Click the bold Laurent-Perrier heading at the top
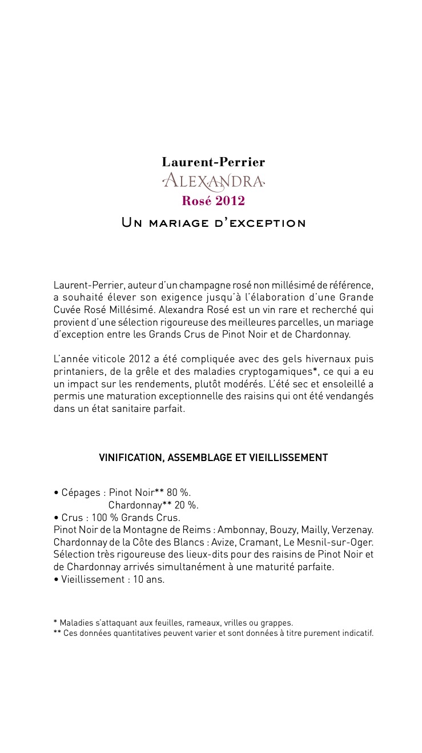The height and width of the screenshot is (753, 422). [213, 162]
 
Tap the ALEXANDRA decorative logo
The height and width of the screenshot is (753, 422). [213, 182]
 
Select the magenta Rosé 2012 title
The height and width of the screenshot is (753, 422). [213, 201]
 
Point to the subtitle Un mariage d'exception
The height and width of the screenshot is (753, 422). [213, 223]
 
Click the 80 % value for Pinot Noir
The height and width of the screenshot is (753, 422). [179, 492]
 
